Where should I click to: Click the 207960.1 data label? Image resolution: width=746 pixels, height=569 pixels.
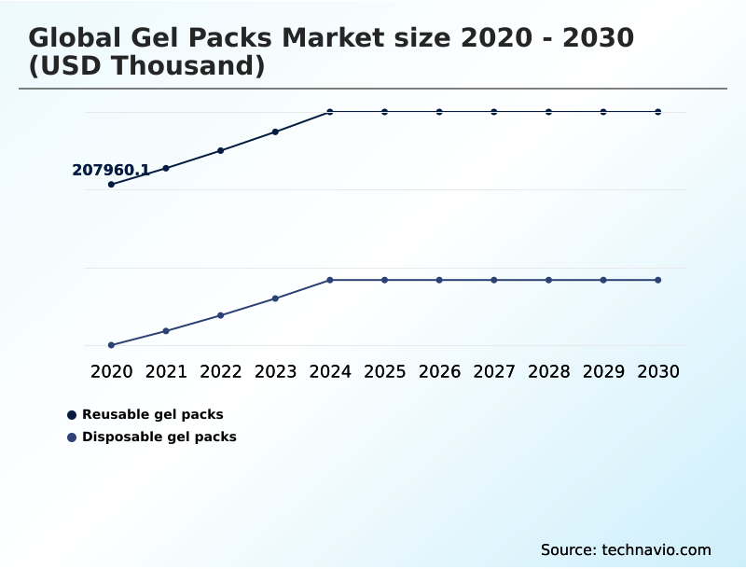click(x=110, y=170)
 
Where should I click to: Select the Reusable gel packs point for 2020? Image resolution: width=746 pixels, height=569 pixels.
click(x=111, y=185)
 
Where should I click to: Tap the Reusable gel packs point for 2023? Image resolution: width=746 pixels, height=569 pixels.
click(x=275, y=132)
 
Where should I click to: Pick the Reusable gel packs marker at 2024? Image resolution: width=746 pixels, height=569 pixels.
click(x=330, y=112)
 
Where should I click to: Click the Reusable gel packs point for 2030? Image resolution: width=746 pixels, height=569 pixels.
click(x=658, y=112)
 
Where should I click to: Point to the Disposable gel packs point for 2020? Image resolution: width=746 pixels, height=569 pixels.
click(x=111, y=345)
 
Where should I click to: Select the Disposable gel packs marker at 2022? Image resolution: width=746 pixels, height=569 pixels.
click(x=221, y=315)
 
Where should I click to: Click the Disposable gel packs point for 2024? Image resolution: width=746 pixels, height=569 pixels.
click(x=330, y=280)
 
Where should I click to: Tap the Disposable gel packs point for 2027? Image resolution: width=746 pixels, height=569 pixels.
click(x=494, y=280)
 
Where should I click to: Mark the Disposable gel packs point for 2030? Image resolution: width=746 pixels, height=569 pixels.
click(x=658, y=280)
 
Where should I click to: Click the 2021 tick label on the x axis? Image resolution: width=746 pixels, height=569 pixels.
click(x=166, y=371)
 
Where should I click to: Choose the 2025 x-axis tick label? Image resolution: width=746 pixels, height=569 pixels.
click(x=384, y=371)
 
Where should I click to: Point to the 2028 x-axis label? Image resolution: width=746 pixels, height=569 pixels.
click(x=548, y=371)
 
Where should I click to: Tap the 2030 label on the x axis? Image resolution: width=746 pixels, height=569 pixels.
click(x=658, y=371)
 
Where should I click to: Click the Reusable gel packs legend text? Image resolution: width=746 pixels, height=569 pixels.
click(x=153, y=414)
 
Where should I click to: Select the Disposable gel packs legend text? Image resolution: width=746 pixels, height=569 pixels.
click(x=159, y=437)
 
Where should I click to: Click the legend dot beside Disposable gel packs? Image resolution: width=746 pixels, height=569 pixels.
click(x=72, y=437)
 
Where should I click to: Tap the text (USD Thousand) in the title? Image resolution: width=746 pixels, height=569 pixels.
click(x=146, y=66)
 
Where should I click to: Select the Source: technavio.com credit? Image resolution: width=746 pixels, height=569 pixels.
click(x=626, y=549)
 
